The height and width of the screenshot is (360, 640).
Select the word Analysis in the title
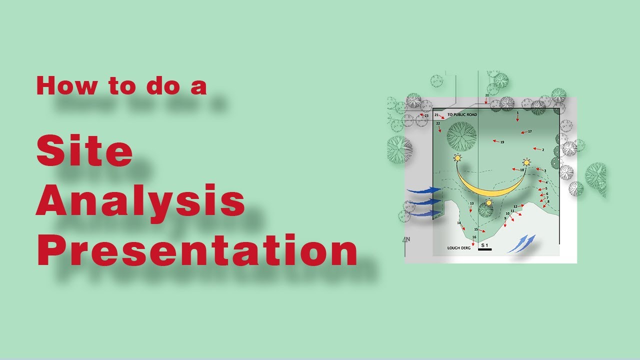pyautogui.click(x=140, y=201)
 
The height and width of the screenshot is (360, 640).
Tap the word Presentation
pyautogui.click(x=196, y=251)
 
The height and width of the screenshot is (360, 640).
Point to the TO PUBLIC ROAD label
pyautogui.click(x=462, y=115)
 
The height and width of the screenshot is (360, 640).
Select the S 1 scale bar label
pyautogui.click(x=484, y=245)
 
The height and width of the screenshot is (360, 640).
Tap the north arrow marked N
pyautogui.click(x=406, y=240)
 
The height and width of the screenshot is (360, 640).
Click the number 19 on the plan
pyautogui.click(x=502, y=142)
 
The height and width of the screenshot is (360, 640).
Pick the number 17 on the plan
pyautogui.click(x=529, y=131)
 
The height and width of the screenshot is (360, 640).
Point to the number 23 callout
pyautogui.click(x=426, y=115)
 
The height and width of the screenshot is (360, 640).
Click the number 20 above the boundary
pyautogui.click(x=487, y=95)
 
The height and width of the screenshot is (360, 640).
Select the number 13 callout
pyautogui.click(x=471, y=203)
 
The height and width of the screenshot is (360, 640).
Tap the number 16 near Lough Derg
pyautogui.click(x=474, y=237)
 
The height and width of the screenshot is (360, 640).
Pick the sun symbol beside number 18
pyautogui.click(x=526, y=162)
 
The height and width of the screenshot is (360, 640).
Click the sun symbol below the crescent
pyautogui.click(x=489, y=202)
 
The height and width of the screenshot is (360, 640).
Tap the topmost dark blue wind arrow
pyautogui.click(x=424, y=190)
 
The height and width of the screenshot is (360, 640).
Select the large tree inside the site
pyautogui.click(x=461, y=135)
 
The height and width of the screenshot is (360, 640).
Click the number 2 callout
pyautogui.click(x=542, y=150)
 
